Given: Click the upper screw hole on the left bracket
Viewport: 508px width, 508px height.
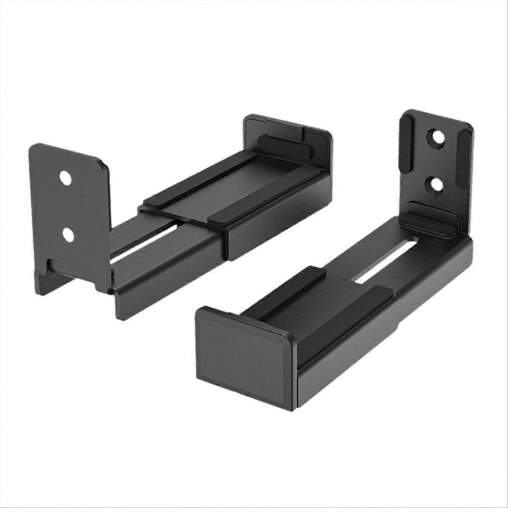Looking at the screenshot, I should (x=65, y=179).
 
